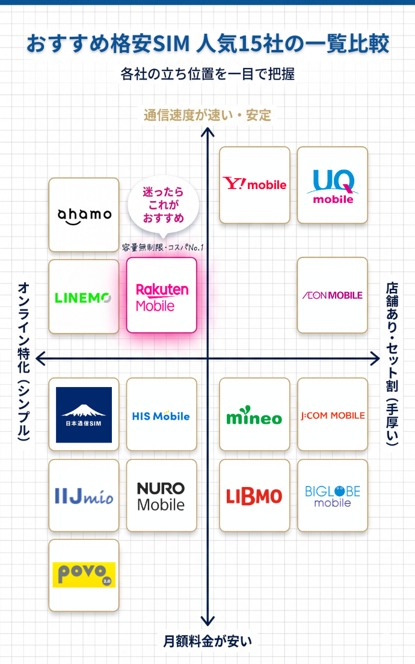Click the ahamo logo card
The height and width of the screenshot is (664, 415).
[84, 215]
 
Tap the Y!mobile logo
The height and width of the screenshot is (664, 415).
[254, 184]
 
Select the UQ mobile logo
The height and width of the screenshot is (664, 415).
[333, 185]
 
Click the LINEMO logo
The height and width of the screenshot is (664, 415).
[84, 297]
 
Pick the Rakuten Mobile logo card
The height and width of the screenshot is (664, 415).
[162, 296]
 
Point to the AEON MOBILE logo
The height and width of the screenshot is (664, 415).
[333, 295]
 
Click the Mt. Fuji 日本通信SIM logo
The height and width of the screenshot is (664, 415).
[84, 415]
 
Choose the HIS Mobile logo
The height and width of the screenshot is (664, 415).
[161, 415]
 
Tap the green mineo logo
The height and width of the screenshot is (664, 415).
[254, 416]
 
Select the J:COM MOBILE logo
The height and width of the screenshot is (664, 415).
[333, 415]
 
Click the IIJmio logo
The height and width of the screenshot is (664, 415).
[84, 497]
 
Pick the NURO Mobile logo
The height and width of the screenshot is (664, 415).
[161, 496]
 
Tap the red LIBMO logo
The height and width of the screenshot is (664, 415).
[254, 496]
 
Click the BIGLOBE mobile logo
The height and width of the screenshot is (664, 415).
[333, 496]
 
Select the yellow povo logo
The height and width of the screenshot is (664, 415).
[84, 575]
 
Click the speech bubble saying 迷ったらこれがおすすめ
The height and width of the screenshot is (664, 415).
[163, 206]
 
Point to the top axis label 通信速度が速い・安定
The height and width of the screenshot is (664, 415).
[207, 115]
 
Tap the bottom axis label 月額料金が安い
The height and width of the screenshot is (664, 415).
[207, 641]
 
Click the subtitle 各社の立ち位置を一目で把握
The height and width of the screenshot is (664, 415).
[207, 74]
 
